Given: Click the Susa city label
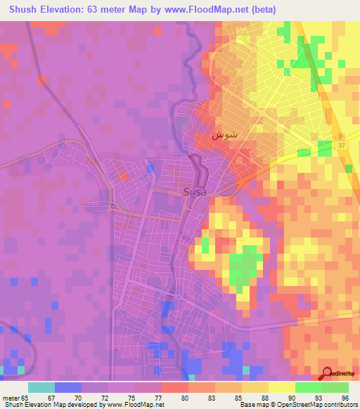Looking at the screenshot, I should click(x=195, y=190).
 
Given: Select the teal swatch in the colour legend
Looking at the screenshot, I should click(x=41, y=387).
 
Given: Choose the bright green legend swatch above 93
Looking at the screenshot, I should click(x=309, y=387).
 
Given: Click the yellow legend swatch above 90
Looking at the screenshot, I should click(x=282, y=387).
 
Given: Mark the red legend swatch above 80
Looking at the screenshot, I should click(x=175, y=387).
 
